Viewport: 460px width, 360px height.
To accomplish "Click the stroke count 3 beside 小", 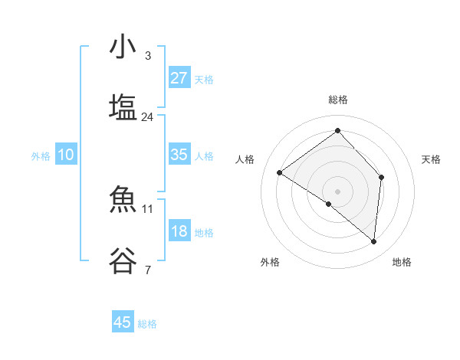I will click(147, 56).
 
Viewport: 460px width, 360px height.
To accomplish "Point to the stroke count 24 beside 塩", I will click(147, 117).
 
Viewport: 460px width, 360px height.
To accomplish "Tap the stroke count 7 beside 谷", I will click(147, 270).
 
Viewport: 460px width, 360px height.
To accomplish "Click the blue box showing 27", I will click(179, 78).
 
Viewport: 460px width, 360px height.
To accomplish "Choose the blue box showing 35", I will click(179, 155).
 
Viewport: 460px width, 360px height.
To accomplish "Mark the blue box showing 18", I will click(179, 231).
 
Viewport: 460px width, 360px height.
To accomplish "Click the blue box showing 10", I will click(66, 155).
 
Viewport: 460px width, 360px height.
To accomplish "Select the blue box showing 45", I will click(123, 322).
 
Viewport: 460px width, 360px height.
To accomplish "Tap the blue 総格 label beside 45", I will click(147, 324).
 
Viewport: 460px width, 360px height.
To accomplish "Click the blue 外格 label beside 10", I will click(41, 156).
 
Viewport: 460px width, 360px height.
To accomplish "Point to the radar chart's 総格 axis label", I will click(337, 100).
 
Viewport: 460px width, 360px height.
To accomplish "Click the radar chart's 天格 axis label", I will click(431, 159).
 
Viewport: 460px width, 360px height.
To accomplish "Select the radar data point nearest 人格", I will click(280, 172).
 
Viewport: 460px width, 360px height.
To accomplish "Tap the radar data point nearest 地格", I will click(373, 241).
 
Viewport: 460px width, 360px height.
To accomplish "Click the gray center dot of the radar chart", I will click(337, 190).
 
